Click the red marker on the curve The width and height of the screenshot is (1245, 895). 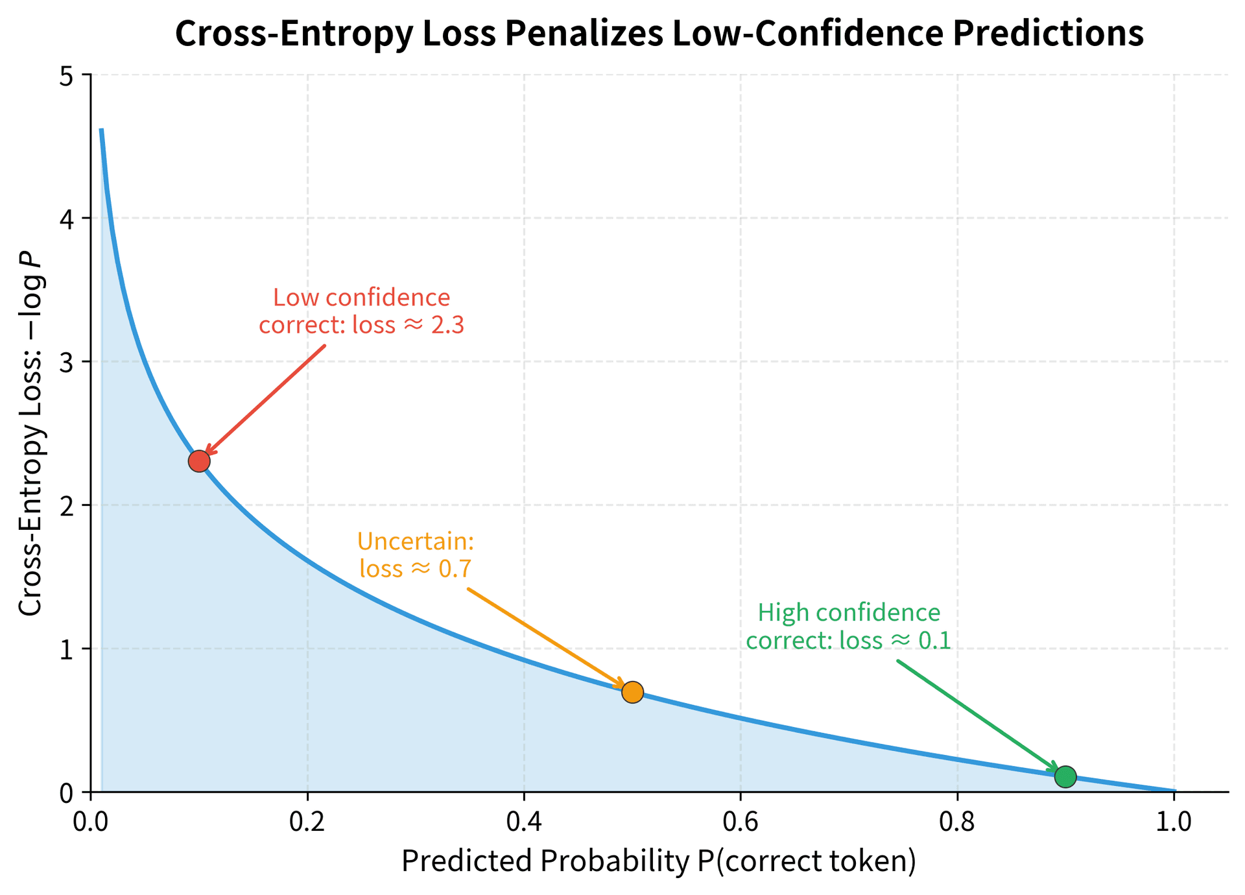pyautogui.click(x=199, y=461)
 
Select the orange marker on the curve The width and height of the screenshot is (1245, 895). pyautogui.click(x=632, y=692)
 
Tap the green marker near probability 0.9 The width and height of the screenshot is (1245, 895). pyautogui.click(x=1065, y=776)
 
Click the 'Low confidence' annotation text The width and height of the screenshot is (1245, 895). pyautogui.click(x=361, y=298)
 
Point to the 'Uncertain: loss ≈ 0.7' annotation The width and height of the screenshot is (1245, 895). pyautogui.click(x=416, y=555)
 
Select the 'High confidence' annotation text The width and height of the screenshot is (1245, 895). pyautogui.click(x=848, y=613)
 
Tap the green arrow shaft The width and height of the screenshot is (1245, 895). pyautogui.click(x=976, y=714)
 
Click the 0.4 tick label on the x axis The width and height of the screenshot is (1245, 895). pyautogui.click(x=524, y=821)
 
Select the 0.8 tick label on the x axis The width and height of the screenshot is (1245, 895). pyautogui.click(x=957, y=821)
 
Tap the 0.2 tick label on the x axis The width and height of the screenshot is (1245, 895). pyautogui.click(x=307, y=821)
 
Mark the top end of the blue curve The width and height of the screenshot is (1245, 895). pyautogui.click(x=102, y=130)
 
